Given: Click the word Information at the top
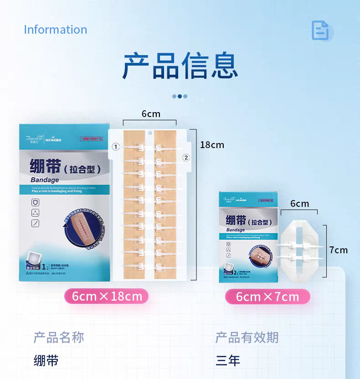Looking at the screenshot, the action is [55, 30].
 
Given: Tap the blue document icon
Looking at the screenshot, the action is [320, 30].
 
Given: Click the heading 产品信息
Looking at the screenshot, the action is [180, 66].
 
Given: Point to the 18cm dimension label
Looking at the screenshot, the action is [212, 145].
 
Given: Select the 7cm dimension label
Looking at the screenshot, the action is [338, 250].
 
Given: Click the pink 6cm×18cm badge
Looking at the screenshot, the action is [107, 297].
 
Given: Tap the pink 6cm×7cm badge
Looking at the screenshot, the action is [267, 297].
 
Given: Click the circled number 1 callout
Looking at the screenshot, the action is [116, 147].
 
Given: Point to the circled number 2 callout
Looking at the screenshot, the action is [185, 158].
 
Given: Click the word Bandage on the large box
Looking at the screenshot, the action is [45, 180].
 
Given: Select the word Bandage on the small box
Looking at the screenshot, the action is [235, 230].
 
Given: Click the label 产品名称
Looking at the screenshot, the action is [59, 338].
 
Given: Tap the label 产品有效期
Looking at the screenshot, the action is [247, 338].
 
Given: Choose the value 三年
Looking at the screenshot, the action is [228, 361].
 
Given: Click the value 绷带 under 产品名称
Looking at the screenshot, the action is [46, 361].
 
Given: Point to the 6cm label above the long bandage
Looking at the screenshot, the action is [150, 114].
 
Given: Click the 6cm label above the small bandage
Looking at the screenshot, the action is [299, 204].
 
